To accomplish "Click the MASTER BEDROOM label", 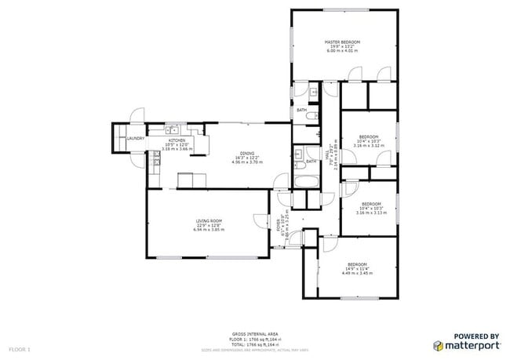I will (x=343, y=42).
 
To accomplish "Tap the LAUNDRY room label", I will (x=136, y=139).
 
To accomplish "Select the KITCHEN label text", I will (x=176, y=140).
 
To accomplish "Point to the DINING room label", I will (x=246, y=154).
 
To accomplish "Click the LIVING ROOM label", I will (x=209, y=221).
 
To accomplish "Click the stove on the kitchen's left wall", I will (x=156, y=160).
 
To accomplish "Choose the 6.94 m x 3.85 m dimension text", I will (x=209, y=230).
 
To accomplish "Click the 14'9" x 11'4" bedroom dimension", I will (x=357, y=268).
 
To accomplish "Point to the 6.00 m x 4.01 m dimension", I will (x=343, y=51).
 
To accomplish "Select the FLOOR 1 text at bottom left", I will (x=19, y=347).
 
